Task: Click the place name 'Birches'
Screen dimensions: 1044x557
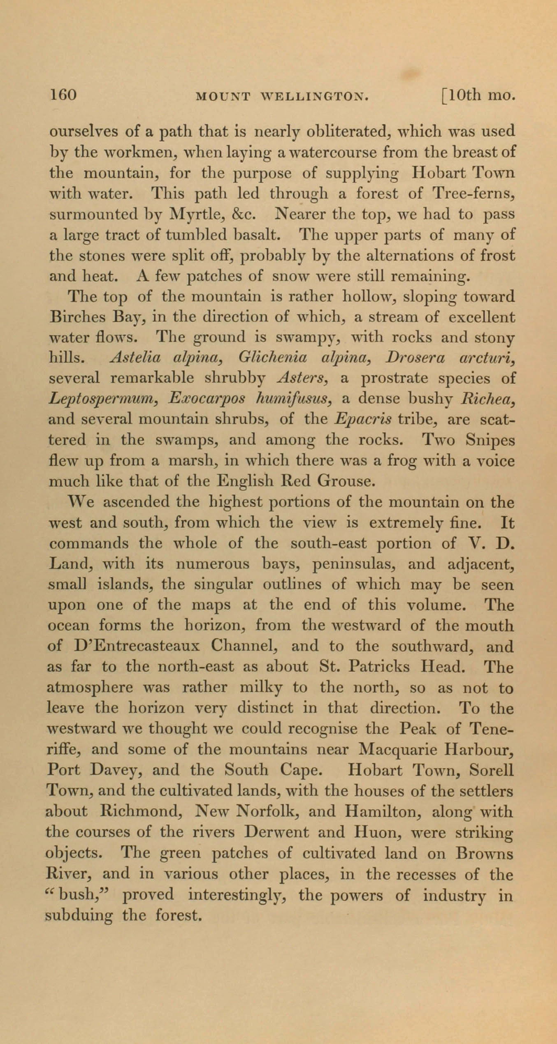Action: point(76,317)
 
